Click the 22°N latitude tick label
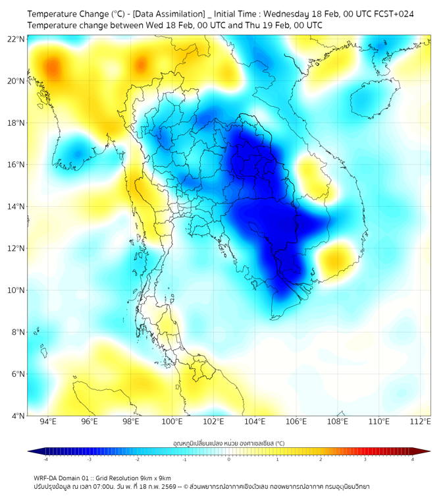pos(16,39)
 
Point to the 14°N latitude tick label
pos(16,206)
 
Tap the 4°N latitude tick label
pos(18,416)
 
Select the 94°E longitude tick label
pos(48,422)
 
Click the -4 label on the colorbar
pos(45,459)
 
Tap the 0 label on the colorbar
pos(229,459)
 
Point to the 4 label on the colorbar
pos(412,459)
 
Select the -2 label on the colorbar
pos(137,459)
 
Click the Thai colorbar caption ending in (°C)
pos(228,443)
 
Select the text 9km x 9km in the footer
pos(151,478)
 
